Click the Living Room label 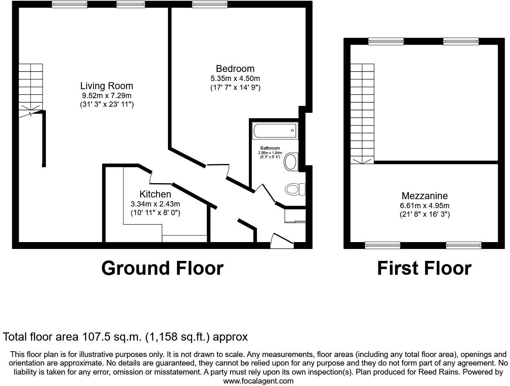(x=107, y=86)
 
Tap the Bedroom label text (x=235, y=69)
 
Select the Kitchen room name (x=155, y=194)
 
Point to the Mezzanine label (x=425, y=196)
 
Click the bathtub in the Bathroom (x=275, y=130)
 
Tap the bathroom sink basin (x=291, y=162)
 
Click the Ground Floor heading (x=162, y=268)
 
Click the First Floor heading (x=424, y=268)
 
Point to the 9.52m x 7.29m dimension (x=107, y=96)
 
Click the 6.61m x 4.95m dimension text (x=425, y=206)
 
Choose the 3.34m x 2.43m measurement (x=155, y=204)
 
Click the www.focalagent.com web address (x=258, y=381)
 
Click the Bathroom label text (x=270, y=148)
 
